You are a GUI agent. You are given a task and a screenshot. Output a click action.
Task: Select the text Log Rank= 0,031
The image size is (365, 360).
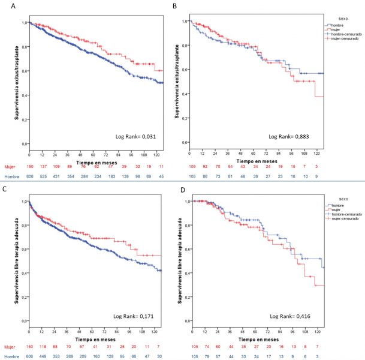135,137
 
